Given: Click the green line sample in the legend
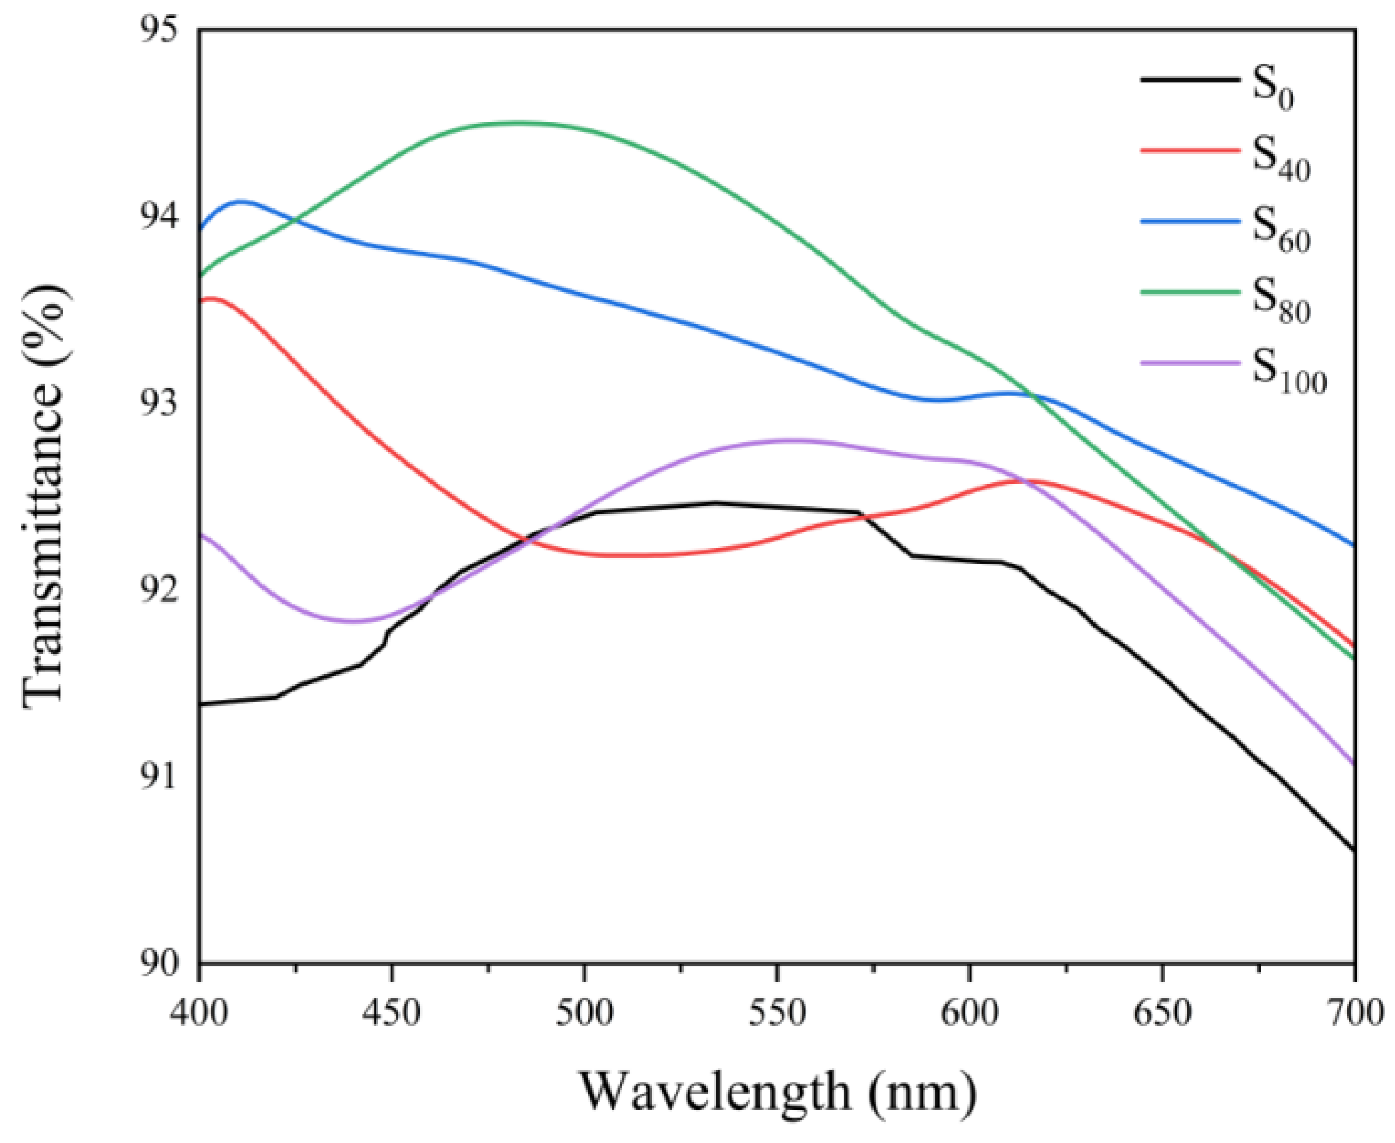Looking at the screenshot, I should (x=1189, y=292).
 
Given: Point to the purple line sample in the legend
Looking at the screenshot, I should (x=1189, y=363).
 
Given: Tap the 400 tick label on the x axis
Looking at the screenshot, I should (x=199, y=1012).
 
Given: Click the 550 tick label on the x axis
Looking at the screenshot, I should (x=777, y=1012).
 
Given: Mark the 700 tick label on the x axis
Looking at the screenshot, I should (x=1354, y=1012).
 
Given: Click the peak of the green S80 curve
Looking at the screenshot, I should (x=518, y=123).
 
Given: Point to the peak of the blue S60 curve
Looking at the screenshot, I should (x=240, y=201).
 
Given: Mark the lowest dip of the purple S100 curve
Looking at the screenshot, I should (x=354, y=621).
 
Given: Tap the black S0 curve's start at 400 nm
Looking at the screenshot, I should (x=201, y=703).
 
